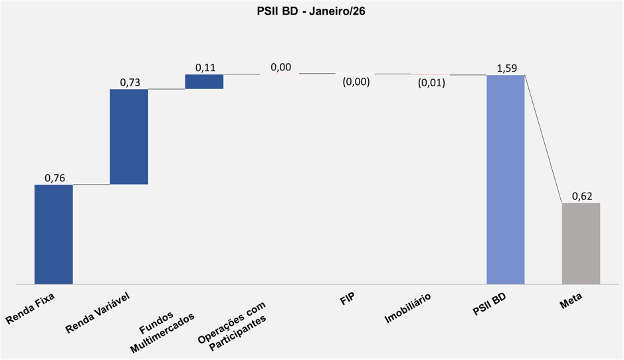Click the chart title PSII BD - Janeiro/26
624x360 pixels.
312,11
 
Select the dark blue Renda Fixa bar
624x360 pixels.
53,234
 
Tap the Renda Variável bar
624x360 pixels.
129,136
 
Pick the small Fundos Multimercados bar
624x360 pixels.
204,81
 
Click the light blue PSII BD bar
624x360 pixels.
505,179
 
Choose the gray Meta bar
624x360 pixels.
581,243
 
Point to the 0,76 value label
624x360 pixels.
54,178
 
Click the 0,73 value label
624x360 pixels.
130,82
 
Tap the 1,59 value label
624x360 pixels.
506,68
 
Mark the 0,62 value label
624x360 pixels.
582,197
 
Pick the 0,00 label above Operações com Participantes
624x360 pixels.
280,67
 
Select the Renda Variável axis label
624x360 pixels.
97,312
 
